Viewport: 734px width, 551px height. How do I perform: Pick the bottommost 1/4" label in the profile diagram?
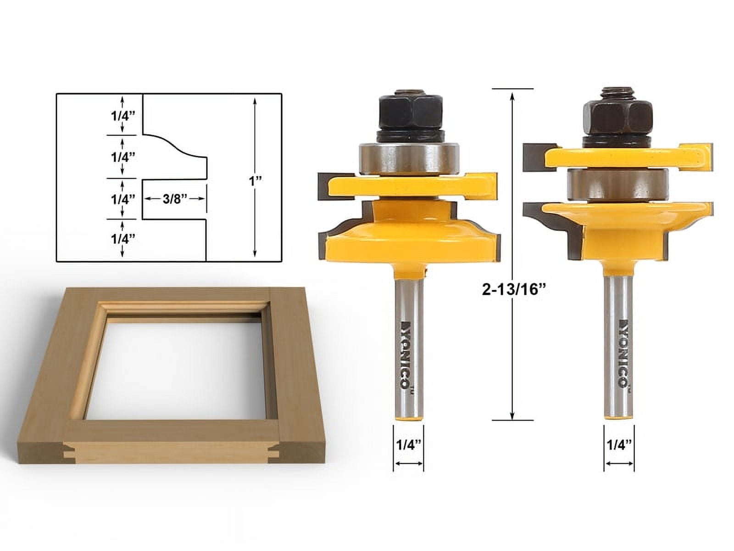point(122,239)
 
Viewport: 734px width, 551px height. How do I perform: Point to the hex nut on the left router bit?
point(411,112)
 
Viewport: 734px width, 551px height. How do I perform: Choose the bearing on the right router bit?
point(617,185)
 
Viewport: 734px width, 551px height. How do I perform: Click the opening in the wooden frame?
point(183,367)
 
